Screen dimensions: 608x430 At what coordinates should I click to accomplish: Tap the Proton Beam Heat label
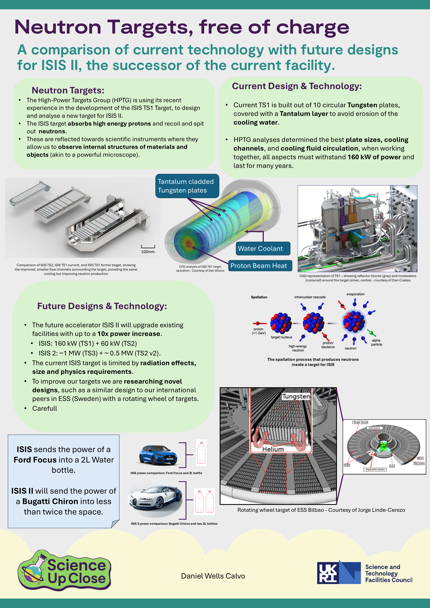pos(260,266)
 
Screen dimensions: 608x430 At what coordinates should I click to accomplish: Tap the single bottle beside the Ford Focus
pos(201,453)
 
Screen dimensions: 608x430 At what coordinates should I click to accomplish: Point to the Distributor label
pos(374,428)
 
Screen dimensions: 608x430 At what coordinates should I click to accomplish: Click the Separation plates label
pos(375,469)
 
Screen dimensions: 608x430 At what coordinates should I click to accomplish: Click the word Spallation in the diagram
pos(259,297)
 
